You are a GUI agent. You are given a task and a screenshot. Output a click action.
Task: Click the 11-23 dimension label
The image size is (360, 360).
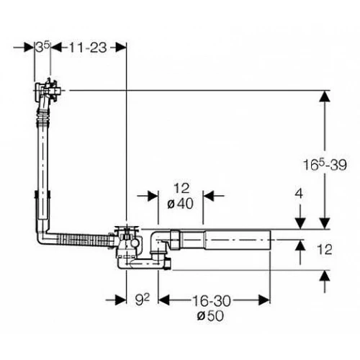coord(88,48)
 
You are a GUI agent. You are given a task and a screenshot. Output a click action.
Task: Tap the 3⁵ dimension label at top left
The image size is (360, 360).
coord(42,47)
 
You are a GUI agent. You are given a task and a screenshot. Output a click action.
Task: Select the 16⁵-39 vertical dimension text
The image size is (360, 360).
coord(325,165)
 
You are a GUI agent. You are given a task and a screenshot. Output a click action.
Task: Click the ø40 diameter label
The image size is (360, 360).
coord(180,204)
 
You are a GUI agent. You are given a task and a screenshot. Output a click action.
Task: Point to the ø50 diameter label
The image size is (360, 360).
coord(210,316)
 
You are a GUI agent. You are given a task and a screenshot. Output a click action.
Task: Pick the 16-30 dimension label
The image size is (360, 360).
coord(212,301)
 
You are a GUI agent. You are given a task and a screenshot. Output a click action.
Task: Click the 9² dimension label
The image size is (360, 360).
coord(142,300)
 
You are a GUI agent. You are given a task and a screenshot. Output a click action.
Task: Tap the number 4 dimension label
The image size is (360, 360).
coord(299,194)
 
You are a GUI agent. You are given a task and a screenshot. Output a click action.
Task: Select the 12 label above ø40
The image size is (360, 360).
coord(181,189)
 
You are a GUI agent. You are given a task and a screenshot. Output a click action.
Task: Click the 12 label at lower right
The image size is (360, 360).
coord(324,249)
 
